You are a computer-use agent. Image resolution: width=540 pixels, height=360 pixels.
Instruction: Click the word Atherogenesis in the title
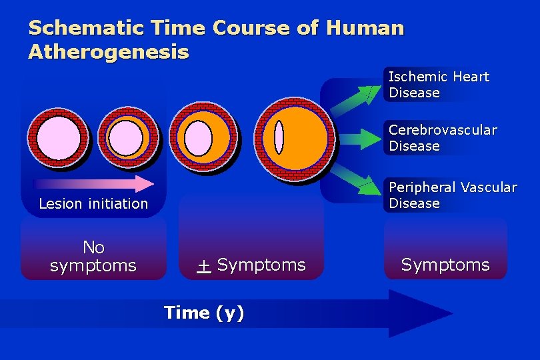pyautogui.click(x=109, y=52)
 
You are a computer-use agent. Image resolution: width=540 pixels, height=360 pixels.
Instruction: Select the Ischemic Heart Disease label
pyautogui.click(x=439, y=85)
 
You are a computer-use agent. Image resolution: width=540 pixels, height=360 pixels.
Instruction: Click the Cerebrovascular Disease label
pyautogui.click(x=443, y=138)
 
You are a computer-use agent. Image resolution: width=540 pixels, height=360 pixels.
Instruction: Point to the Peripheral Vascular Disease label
pyautogui.click(x=453, y=195)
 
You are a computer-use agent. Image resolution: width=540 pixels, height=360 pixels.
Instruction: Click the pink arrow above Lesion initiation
pyautogui.click(x=93, y=184)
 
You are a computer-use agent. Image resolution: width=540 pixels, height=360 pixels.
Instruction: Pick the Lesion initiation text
pyautogui.click(x=93, y=204)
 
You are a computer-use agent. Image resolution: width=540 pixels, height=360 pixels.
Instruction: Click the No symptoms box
pyautogui.click(x=93, y=257)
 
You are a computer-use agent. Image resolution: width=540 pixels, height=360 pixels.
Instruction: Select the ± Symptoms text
pyautogui.click(x=251, y=265)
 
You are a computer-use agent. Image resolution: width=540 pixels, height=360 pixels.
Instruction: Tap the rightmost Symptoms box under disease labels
pyautogui.click(x=445, y=265)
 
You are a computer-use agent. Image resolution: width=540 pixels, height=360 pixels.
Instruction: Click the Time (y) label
pyautogui.click(x=204, y=313)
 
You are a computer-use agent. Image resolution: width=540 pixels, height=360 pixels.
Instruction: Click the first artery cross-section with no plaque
pyautogui.click(x=58, y=138)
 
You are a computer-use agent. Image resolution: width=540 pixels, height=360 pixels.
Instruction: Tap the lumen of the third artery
pyautogui.click(x=197, y=139)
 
